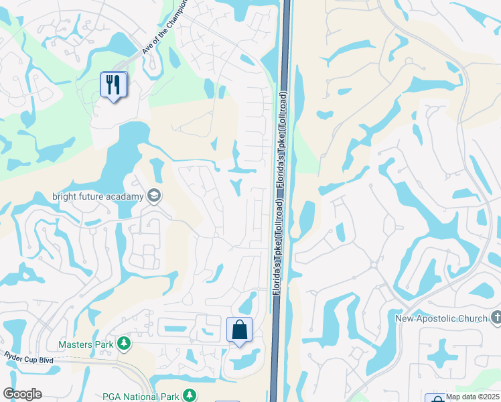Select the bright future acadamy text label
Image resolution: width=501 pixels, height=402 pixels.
(x=98, y=196)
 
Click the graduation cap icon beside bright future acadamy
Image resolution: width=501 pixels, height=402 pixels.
(x=154, y=196)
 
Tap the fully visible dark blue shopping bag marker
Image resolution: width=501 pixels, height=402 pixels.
(x=239, y=330)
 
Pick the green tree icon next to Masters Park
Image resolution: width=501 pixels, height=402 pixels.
(x=123, y=344)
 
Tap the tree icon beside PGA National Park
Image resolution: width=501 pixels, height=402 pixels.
(x=190, y=395)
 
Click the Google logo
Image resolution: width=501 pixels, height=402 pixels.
(x=22, y=394)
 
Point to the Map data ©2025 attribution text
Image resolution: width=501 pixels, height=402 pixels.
(x=472, y=396)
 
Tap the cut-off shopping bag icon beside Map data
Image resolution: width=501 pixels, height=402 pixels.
(x=435, y=398)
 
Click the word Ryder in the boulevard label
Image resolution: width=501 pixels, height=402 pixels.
(x=15, y=355)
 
